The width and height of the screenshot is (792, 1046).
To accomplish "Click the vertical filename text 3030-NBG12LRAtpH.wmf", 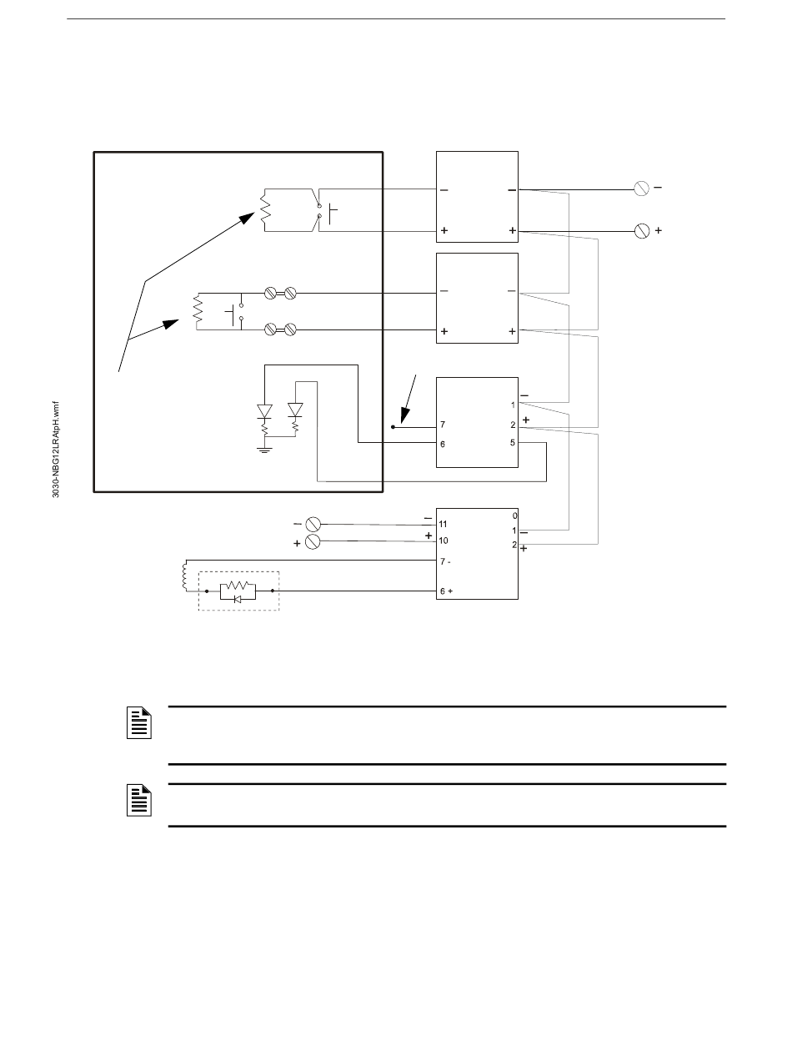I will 56,450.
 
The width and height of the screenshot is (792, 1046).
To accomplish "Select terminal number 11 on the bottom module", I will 444,525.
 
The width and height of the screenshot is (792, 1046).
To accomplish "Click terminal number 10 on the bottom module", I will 444,541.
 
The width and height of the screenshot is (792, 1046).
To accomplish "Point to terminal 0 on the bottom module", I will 515,515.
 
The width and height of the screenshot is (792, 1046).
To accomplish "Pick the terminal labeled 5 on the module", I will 513,443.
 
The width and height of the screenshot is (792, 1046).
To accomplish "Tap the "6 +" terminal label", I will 446,591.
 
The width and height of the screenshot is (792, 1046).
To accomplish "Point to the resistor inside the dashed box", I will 238,586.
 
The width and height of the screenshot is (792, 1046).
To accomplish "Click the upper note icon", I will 139,722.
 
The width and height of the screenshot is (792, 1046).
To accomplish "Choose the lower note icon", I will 139,801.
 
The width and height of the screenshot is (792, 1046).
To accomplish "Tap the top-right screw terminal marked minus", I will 642,189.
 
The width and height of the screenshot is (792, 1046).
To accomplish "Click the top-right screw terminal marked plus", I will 642,229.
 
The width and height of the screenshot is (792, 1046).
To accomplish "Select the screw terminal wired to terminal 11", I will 314,525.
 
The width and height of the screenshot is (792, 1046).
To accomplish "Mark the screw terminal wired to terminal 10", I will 314,541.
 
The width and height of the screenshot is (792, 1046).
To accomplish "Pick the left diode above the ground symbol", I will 264,411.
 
